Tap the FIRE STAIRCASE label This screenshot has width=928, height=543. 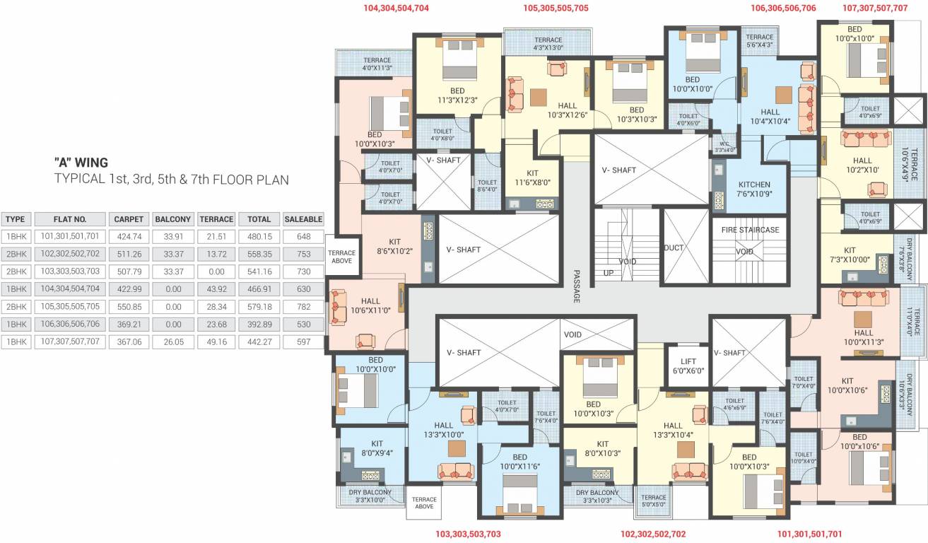(x=750, y=230)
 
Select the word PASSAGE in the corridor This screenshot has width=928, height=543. (x=576, y=286)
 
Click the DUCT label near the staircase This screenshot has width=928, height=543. (x=673, y=248)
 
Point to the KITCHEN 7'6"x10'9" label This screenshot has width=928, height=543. (x=753, y=189)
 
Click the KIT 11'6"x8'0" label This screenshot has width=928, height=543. (x=532, y=177)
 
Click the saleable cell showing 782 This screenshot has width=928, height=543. (x=303, y=307)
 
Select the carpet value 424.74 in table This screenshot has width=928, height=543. (x=129, y=237)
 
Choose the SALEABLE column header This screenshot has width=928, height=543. (x=303, y=219)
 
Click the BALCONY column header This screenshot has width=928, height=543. (x=172, y=219)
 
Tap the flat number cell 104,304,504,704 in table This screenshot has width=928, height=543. (x=70, y=289)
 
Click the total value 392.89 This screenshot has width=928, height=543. (x=259, y=325)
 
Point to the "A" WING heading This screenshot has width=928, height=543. (x=81, y=163)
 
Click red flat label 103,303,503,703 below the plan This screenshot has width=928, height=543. (x=468, y=535)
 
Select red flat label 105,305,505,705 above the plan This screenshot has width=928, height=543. (x=556, y=8)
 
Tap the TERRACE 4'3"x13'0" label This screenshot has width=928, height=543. (x=548, y=44)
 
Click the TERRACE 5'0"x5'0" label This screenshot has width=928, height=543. (x=654, y=501)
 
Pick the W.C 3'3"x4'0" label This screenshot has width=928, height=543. (x=724, y=146)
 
